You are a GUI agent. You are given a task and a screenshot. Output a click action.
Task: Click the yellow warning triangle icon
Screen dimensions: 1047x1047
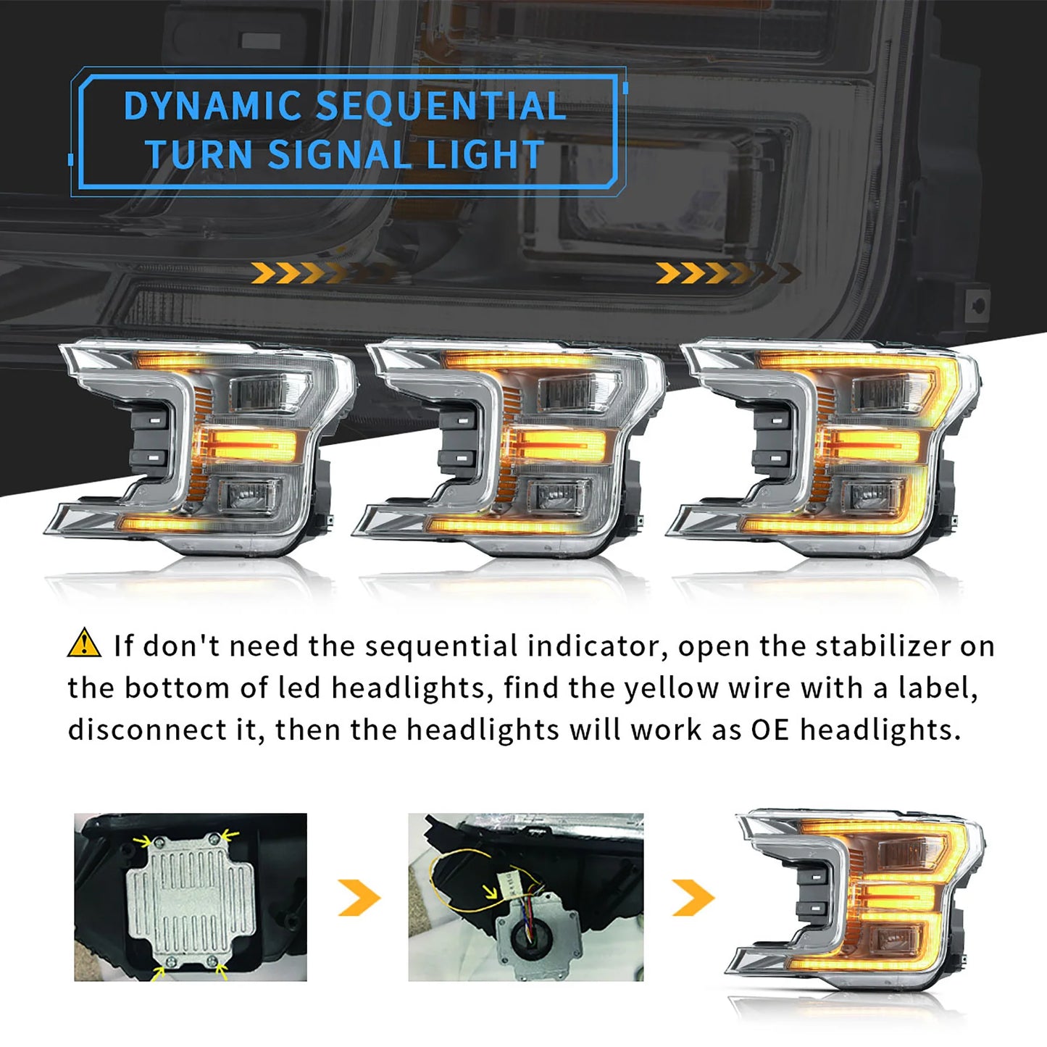click(x=84, y=643)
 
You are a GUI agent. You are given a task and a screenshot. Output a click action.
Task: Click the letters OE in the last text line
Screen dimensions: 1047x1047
click(x=769, y=730)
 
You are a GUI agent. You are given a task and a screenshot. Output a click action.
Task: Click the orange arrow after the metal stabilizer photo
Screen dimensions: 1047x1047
click(x=359, y=898)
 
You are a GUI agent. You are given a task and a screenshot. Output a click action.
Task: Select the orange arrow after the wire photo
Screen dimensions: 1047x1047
click(x=693, y=898)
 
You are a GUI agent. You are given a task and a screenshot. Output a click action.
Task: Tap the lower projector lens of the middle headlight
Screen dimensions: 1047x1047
click(x=556, y=496)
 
